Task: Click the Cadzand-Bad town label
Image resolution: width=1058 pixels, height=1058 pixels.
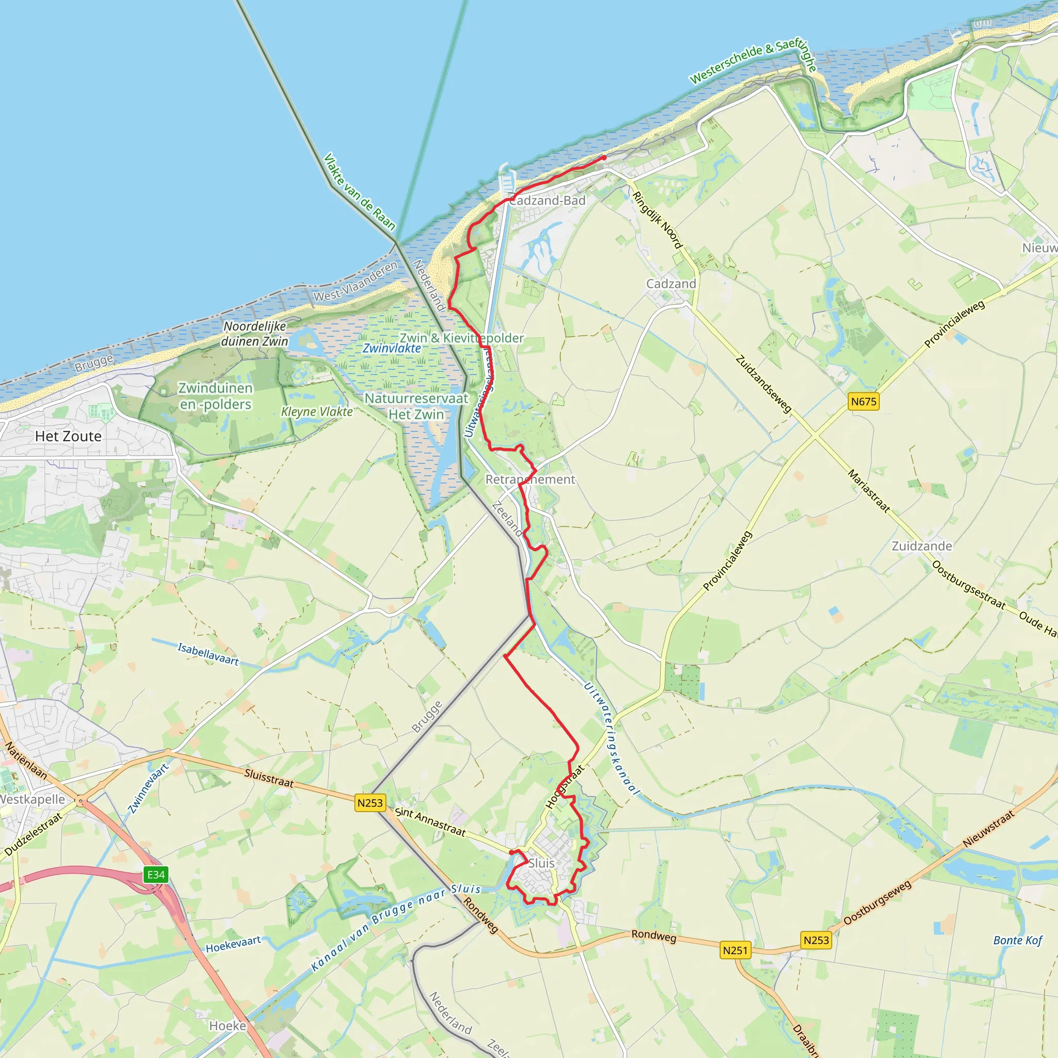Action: [548, 200]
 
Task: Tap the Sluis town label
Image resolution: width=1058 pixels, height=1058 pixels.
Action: [541, 863]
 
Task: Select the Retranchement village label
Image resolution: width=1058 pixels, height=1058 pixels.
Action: [530, 480]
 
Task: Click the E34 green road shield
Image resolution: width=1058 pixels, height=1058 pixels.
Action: [156, 875]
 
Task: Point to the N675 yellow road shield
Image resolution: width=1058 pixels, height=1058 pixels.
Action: [864, 401]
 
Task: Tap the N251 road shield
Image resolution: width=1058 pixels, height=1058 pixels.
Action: [735, 950]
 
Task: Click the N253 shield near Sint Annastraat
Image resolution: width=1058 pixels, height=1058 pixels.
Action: [370, 803]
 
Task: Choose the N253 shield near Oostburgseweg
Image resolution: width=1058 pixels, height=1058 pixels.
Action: [816, 940]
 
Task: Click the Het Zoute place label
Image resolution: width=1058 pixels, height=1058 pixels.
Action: [69, 437]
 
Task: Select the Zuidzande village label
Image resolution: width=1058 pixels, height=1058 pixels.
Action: [922, 546]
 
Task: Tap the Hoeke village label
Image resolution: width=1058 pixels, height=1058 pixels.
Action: [228, 1025]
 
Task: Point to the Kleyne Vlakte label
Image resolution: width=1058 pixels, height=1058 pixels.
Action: [317, 412]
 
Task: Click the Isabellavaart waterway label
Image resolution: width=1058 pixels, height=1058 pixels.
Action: [208, 655]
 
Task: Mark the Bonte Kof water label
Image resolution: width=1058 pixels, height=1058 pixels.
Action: [1018, 940]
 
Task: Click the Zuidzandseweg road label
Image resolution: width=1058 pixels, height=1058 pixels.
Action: [764, 384]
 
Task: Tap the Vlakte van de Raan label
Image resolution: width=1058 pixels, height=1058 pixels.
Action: [359, 191]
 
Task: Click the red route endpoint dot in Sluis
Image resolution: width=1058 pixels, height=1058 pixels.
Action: [511, 852]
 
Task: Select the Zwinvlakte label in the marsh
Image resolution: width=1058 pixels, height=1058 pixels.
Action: [392, 348]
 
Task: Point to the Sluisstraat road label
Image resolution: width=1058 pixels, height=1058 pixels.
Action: [269, 778]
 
